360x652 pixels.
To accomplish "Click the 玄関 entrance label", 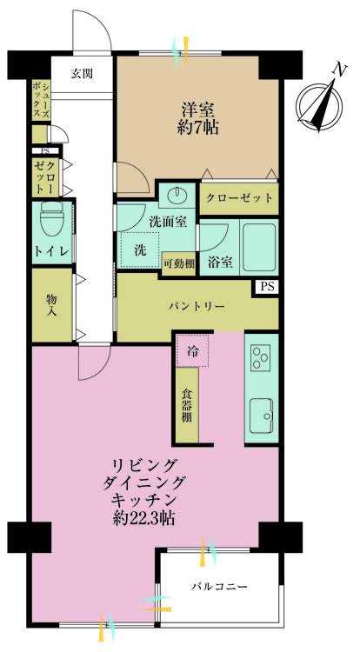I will point(83,72).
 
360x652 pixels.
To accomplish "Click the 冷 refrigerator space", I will point(193,352).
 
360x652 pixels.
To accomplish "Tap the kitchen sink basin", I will point(261,416).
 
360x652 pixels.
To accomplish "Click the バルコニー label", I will point(219,588).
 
